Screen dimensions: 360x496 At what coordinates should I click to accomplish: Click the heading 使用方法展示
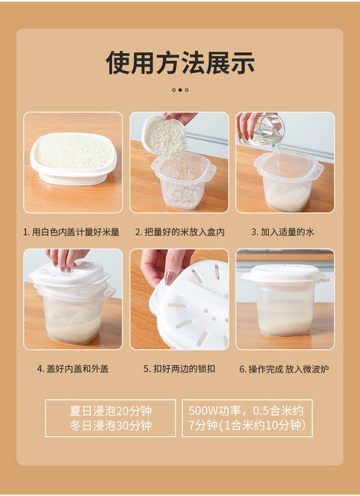[x=180, y=63]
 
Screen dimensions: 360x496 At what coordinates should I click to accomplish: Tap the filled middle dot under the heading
[x=180, y=90]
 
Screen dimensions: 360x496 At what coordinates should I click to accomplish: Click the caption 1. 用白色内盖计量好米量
[x=71, y=232]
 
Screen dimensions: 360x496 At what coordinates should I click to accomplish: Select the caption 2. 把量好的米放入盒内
[x=180, y=232]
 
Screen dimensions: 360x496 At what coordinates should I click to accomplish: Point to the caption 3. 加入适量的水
[x=283, y=232]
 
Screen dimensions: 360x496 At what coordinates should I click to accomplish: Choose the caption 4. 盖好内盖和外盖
[x=72, y=368]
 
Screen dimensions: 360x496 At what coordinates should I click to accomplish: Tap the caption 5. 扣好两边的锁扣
[x=180, y=368]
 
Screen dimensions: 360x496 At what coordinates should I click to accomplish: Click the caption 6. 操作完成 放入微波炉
[x=284, y=369]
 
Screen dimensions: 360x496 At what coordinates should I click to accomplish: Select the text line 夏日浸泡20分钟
[x=111, y=411]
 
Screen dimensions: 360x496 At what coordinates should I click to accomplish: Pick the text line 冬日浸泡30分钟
[x=111, y=425]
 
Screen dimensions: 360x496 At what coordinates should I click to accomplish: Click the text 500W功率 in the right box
[x=211, y=410]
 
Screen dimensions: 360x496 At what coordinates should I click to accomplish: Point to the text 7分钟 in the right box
[x=203, y=425]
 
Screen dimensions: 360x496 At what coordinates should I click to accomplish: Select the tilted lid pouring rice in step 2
[x=164, y=135]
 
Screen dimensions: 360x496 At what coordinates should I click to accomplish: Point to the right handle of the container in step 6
[x=323, y=278]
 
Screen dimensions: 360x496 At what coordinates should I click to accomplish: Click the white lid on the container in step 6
[x=285, y=275]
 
